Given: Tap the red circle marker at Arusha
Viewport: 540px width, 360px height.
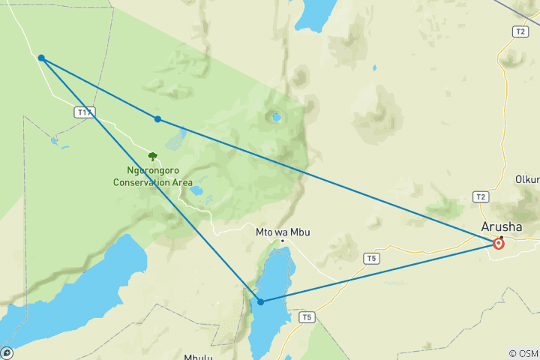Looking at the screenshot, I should [x=499, y=244].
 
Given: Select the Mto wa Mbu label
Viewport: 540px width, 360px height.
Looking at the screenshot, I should [x=283, y=232].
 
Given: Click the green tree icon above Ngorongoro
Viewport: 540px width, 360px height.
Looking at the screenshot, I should [x=153, y=157].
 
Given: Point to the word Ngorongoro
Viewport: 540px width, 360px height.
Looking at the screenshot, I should [x=152, y=170].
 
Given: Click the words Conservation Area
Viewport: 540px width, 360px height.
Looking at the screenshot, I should [x=153, y=182].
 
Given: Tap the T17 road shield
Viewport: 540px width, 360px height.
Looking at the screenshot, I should [x=85, y=112].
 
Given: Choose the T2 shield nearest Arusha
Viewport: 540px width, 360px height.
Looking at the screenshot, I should [x=480, y=196].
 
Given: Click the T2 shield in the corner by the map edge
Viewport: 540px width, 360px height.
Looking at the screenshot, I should [x=520, y=31].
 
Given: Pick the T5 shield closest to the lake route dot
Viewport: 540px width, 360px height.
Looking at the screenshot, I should [x=306, y=317].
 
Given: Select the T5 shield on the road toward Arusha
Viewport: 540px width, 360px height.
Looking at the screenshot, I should [x=370, y=259].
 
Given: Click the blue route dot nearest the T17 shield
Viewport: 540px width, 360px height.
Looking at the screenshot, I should [x=41, y=58].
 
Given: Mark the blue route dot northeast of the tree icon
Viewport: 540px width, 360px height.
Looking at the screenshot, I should [x=157, y=119].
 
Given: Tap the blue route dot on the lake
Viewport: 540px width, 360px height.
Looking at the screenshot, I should [x=260, y=301].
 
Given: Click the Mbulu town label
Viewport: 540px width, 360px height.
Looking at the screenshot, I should [x=199, y=357].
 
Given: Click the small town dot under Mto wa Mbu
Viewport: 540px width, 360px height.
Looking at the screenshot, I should [x=282, y=241].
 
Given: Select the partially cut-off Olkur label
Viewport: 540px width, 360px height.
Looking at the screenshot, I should [x=526, y=179].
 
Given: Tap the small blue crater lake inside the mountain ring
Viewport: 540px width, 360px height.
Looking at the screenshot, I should [x=277, y=117].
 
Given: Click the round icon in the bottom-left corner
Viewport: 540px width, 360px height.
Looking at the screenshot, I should [x=7, y=352].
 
